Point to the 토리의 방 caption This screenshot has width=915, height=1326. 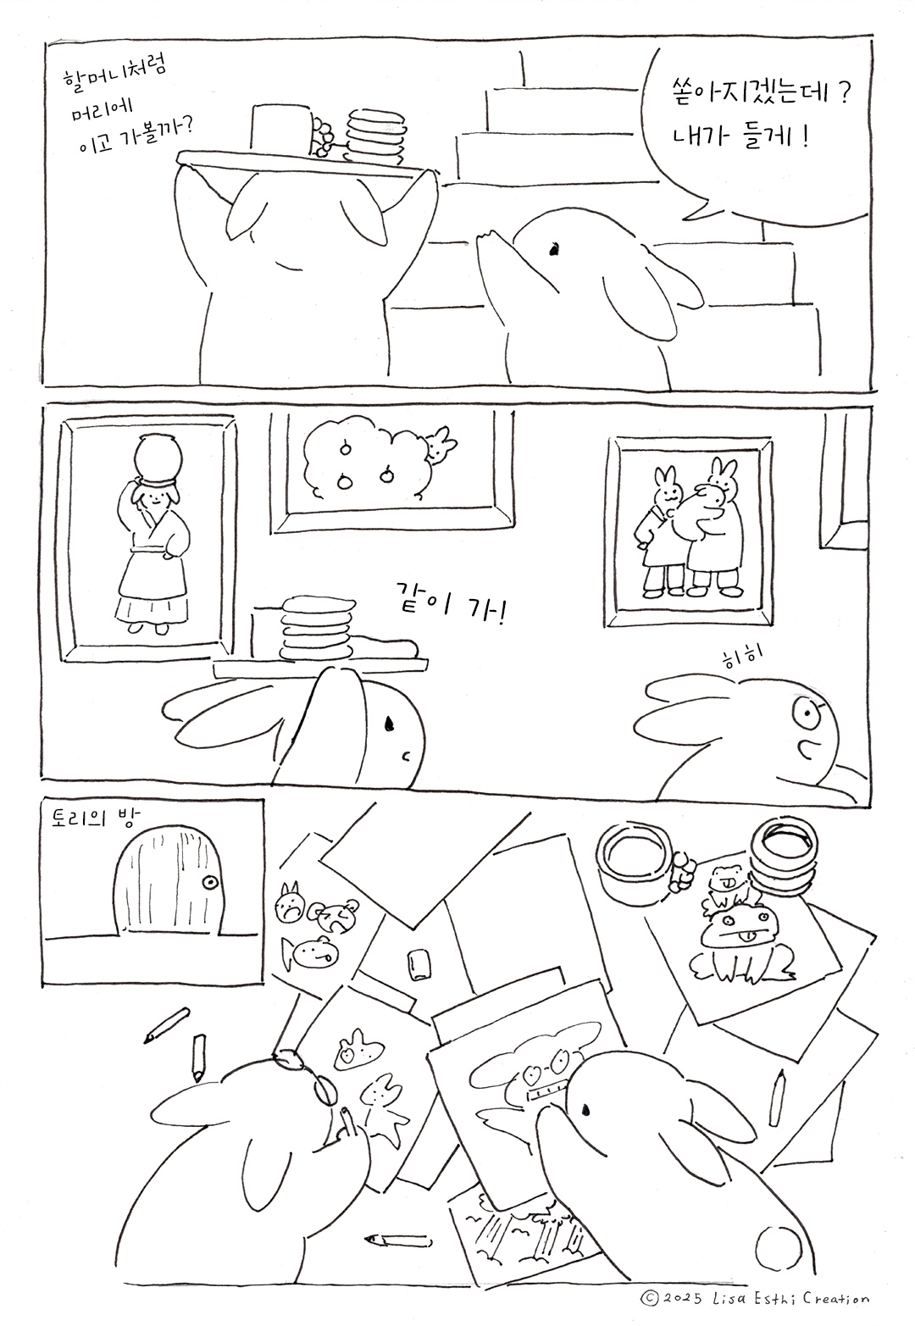pyautogui.click(x=95, y=820)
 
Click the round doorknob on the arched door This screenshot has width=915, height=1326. pyautogui.click(x=209, y=883)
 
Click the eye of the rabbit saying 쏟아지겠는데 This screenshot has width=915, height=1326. pyautogui.click(x=553, y=250)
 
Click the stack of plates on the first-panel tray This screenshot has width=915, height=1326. pyautogui.click(x=375, y=136)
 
